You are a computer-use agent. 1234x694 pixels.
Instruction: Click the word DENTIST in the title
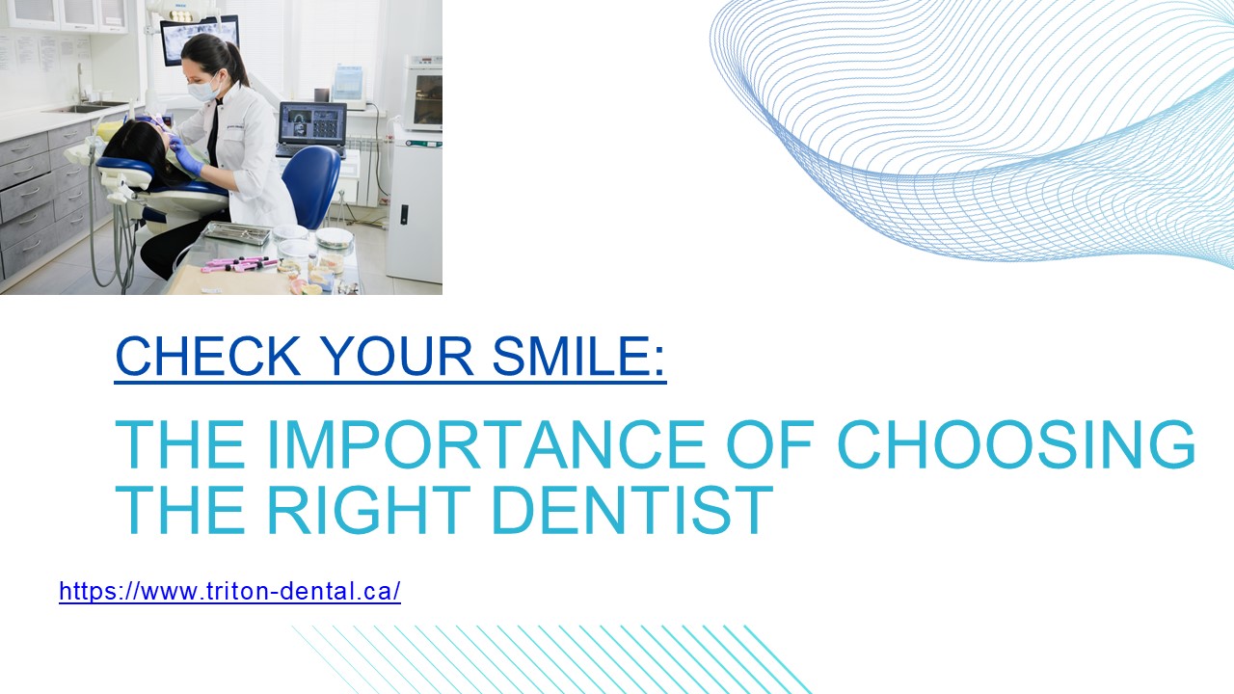[x=631, y=510]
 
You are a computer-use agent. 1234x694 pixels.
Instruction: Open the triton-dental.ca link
[x=229, y=591]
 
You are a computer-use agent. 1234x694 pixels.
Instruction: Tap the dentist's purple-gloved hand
[x=189, y=162]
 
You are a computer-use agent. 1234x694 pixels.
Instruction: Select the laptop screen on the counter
[x=312, y=123]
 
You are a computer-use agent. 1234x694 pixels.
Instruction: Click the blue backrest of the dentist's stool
[x=311, y=185]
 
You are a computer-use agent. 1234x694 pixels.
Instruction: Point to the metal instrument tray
[x=237, y=232]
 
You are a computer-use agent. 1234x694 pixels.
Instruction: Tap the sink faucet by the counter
[x=81, y=85]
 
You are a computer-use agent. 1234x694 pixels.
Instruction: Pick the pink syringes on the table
[x=241, y=263]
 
